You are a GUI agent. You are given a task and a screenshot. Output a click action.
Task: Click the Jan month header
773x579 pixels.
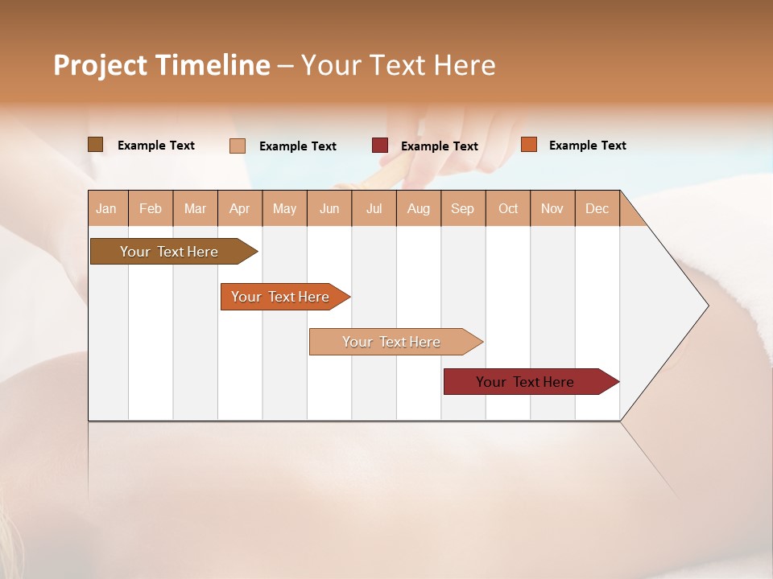tap(107, 208)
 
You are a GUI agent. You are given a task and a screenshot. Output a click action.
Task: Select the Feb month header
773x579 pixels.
tap(151, 208)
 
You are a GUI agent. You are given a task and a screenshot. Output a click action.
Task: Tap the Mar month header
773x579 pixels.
tap(195, 208)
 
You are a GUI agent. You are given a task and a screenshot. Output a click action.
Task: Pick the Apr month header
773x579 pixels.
tap(240, 208)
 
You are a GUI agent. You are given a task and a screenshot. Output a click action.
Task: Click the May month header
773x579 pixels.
tap(284, 208)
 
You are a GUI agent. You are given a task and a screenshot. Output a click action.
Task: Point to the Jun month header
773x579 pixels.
tap(329, 208)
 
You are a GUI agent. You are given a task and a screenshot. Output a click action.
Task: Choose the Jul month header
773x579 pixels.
tap(374, 208)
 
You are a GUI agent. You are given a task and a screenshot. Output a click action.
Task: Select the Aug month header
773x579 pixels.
tap(419, 208)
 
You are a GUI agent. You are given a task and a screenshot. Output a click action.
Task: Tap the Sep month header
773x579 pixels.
tap(463, 208)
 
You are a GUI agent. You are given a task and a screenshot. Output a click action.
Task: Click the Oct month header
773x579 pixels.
tap(508, 208)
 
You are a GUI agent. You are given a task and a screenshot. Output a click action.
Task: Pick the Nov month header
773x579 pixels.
tap(552, 208)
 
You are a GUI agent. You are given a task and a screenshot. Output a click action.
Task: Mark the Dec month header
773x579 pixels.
tap(597, 208)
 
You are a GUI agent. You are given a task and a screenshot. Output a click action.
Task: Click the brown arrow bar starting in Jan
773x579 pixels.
tap(169, 252)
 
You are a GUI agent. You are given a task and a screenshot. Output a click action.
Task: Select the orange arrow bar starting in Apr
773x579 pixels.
tap(280, 297)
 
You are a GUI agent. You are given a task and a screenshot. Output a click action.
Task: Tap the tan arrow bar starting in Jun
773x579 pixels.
tap(391, 342)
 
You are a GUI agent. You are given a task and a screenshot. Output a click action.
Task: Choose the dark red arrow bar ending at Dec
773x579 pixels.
tap(525, 382)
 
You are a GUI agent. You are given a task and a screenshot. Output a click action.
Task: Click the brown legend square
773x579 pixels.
tap(96, 145)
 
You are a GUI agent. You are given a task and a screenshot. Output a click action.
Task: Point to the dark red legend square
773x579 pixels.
tap(380, 145)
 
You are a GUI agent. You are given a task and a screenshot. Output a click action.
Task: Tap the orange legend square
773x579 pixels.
tap(529, 145)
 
